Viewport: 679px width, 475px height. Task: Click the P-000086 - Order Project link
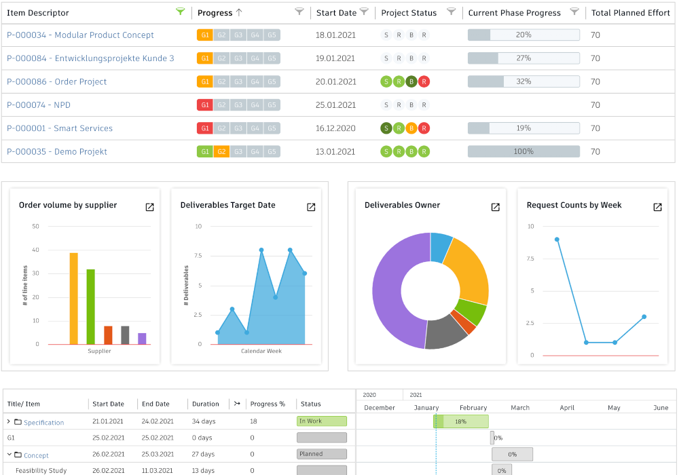pyautogui.click(x=57, y=81)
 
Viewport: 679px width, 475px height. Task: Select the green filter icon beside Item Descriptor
pyautogui.click(x=180, y=12)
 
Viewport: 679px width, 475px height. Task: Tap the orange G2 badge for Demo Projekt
pyautogui.click(x=221, y=151)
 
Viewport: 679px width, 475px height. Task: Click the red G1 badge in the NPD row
pyautogui.click(x=205, y=104)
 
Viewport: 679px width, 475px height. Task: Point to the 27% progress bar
pyautogui.click(x=524, y=58)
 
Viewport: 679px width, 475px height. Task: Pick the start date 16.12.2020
pyautogui.click(x=335, y=128)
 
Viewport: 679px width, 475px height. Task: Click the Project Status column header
pyautogui.click(x=409, y=13)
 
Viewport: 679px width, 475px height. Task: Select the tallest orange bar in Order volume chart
pyautogui.click(x=73, y=299)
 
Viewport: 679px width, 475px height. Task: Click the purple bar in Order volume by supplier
pyautogui.click(x=142, y=339)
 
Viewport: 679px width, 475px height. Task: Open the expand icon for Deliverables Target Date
pyautogui.click(x=311, y=207)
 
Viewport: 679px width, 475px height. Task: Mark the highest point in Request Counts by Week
pyautogui.click(x=557, y=240)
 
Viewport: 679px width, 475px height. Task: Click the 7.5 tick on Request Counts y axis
pyautogui.click(x=530, y=259)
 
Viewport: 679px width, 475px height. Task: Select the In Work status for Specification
pyautogui.click(x=322, y=421)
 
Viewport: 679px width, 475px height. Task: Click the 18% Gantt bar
pyautogui.click(x=461, y=421)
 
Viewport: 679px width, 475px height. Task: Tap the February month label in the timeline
pyautogui.click(x=473, y=408)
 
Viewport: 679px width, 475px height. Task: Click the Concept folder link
pyautogui.click(x=37, y=455)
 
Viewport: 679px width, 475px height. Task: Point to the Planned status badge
pyautogui.click(x=322, y=454)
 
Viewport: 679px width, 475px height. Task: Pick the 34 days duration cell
pyautogui.click(x=204, y=421)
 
